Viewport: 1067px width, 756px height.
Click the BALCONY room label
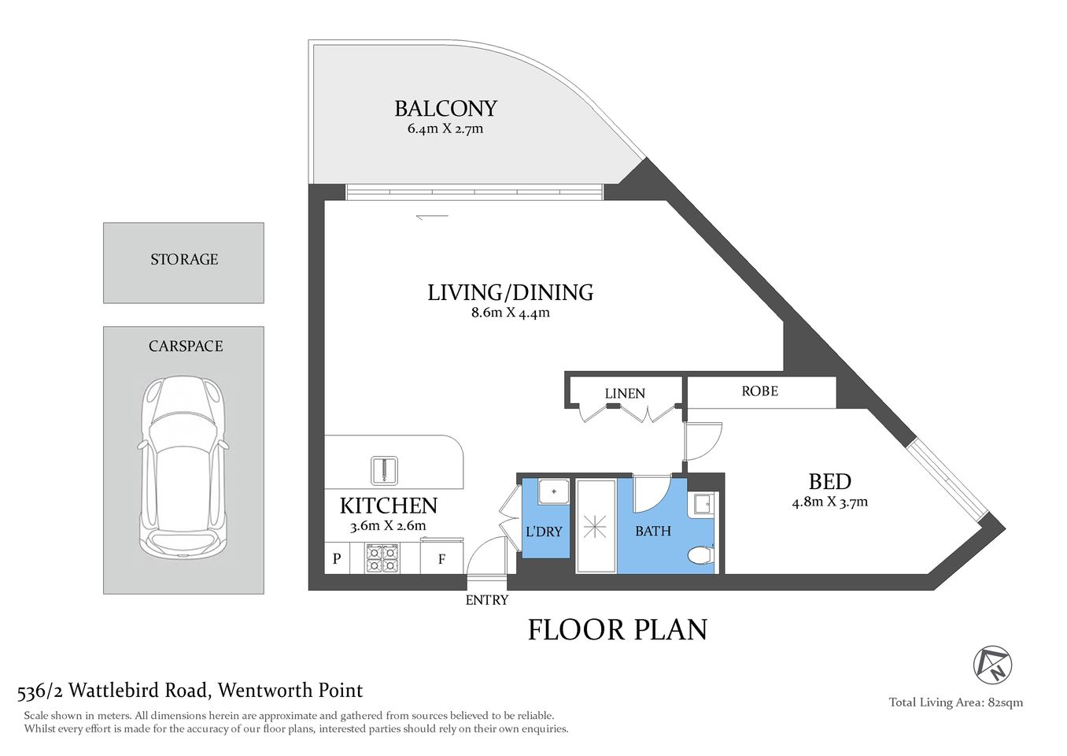pos(445,108)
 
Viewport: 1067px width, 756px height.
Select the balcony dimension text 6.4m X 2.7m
pos(445,129)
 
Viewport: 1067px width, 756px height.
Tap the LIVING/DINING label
pos(510,292)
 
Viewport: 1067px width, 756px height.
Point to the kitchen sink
pos(384,470)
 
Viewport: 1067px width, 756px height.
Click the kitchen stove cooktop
pos(382,558)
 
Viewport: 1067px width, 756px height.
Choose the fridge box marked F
pos(441,559)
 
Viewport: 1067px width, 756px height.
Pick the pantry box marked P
pos(337,559)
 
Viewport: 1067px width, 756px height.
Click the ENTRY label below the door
pos(486,600)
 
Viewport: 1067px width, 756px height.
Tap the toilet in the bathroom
pos(700,557)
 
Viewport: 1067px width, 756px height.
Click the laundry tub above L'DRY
pos(554,491)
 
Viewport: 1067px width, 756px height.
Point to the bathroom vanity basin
pos(701,504)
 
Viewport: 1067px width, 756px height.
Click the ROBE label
pos(759,391)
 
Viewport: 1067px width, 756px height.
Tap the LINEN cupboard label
pos(625,394)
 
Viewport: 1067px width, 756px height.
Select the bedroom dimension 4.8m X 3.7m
pos(829,502)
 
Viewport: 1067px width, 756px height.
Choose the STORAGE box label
pos(184,259)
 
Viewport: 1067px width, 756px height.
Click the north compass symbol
pos(992,665)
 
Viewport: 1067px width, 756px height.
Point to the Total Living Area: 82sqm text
pos(955,702)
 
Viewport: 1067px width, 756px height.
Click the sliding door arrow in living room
pos(432,217)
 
